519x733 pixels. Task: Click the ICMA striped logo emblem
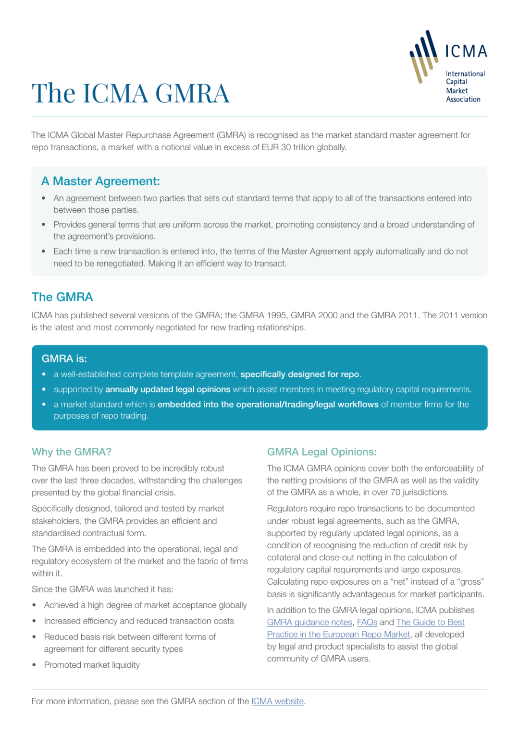click(423, 56)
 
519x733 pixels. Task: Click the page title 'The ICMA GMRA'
click(130, 93)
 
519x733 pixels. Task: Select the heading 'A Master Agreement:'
click(100, 181)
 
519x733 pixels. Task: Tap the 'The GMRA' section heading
click(62, 297)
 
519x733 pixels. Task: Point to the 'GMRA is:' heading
click(64, 359)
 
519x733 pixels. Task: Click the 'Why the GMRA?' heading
click(71, 452)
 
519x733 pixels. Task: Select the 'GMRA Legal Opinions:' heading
click(321, 452)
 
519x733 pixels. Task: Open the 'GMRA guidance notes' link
click(309, 622)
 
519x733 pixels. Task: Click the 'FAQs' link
click(367, 622)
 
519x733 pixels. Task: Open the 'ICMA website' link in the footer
click(277, 701)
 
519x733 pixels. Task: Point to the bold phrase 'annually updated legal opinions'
click(168, 389)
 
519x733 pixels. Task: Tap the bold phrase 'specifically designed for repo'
click(299, 374)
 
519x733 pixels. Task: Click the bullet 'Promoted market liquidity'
click(92, 665)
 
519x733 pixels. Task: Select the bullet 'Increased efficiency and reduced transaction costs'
click(139, 621)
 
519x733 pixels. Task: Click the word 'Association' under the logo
click(463, 99)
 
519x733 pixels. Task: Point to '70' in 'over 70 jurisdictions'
click(395, 493)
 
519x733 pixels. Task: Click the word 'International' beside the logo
click(465, 74)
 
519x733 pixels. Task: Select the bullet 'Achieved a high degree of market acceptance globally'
click(145, 605)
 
